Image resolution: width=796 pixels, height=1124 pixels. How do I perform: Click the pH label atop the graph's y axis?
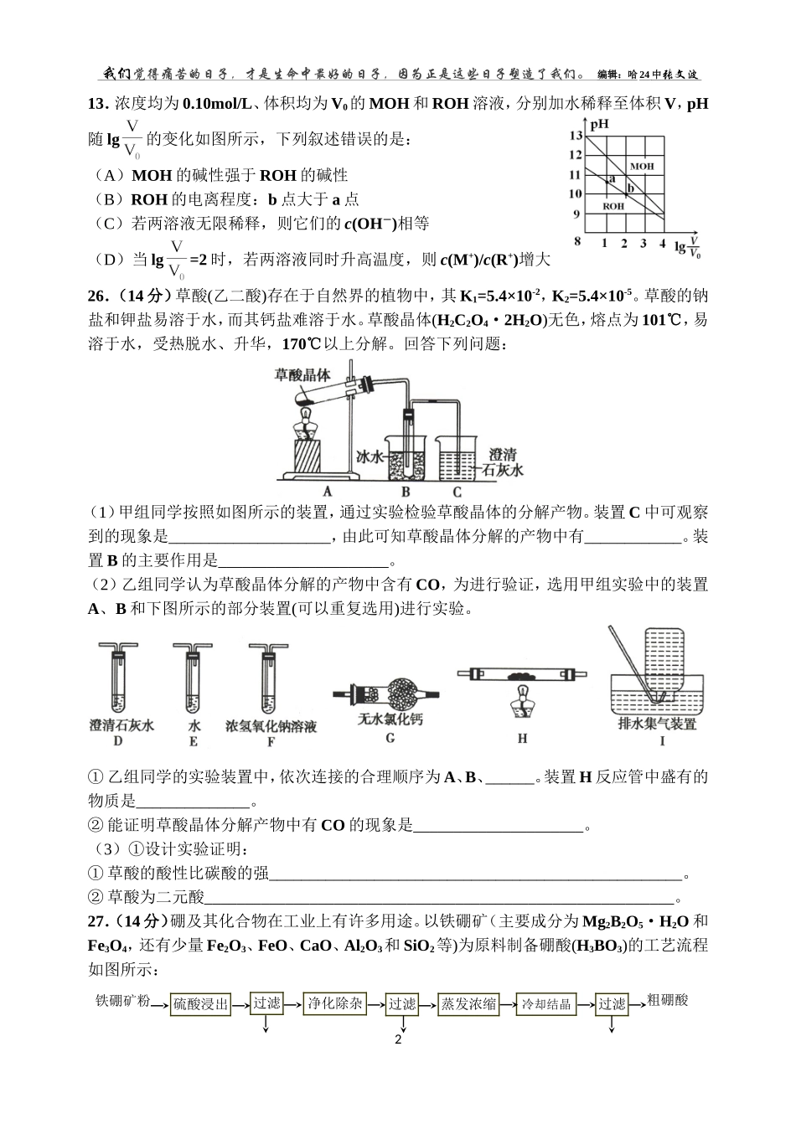click(x=598, y=125)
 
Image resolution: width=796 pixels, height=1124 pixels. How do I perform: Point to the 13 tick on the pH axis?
click(x=575, y=136)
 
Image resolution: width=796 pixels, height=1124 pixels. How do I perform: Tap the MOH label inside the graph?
click(x=642, y=167)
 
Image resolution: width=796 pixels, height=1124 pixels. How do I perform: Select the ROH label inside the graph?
click(x=613, y=205)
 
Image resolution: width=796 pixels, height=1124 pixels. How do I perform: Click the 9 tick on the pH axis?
click(x=576, y=214)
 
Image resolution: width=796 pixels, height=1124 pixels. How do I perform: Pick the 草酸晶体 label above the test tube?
click(x=302, y=374)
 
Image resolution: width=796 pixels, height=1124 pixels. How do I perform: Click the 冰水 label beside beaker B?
click(x=369, y=457)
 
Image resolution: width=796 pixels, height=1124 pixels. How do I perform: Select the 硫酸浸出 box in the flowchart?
click(x=200, y=1004)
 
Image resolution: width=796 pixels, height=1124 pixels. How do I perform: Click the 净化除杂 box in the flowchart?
click(x=334, y=1003)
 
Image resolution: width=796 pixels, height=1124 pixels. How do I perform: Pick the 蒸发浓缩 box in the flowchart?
click(x=468, y=1004)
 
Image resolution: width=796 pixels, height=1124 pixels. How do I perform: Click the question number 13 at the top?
click(x=98, y=104)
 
